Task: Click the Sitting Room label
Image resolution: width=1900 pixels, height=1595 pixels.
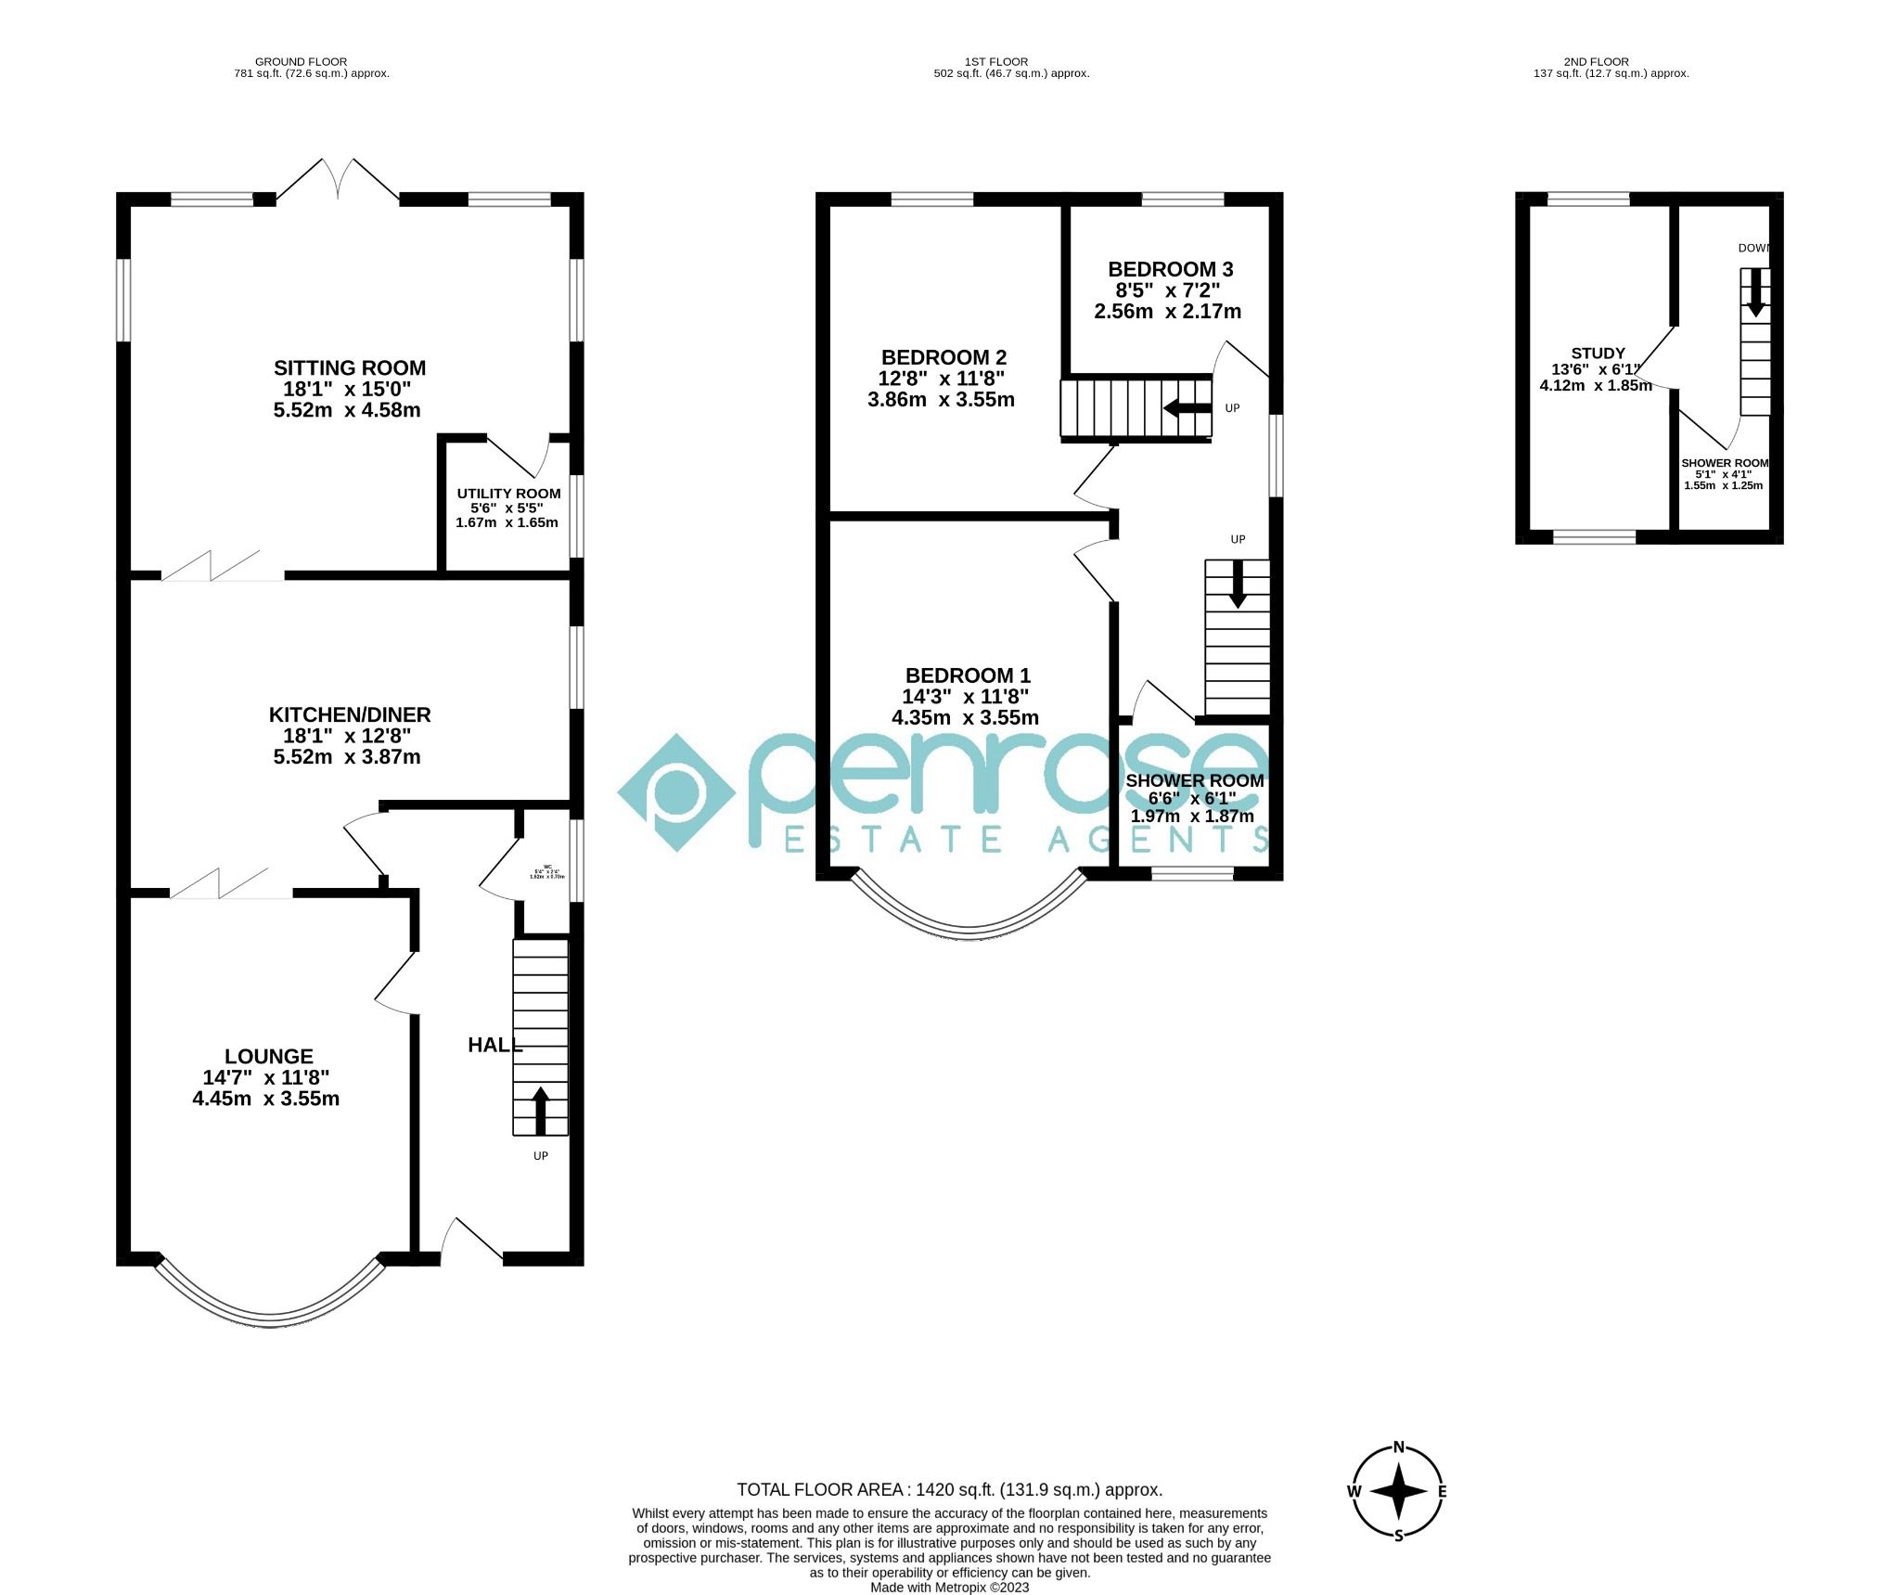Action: (x=349, y=368)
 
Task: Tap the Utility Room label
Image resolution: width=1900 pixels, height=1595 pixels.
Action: (x=508, y=494)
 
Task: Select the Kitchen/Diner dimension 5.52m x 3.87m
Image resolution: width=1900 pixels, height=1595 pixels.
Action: (x=347, y=757)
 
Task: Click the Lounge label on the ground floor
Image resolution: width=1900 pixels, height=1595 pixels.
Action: (x=269, y=1056)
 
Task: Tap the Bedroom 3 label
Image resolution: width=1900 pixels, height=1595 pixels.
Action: (x=1170, y=269)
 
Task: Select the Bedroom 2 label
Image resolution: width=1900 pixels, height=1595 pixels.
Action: (x=944, y=357)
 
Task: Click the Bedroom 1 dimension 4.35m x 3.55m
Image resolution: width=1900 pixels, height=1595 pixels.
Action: (x=965, y=717)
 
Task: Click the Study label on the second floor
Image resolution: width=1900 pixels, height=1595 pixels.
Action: (x=1598, y=354)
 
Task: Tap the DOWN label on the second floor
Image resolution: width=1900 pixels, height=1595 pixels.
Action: (x=1753, y=248)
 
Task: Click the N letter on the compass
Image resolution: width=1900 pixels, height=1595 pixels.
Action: (x=1398, y=1447)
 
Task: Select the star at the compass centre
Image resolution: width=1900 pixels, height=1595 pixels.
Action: (x=1398, y=1492)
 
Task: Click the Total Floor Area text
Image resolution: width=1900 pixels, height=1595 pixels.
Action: (x=949, y=1490)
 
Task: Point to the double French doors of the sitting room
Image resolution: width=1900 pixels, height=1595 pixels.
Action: (x=339, y=181)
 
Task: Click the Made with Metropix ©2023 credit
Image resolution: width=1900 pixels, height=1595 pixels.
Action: (x=949, y=1588)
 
